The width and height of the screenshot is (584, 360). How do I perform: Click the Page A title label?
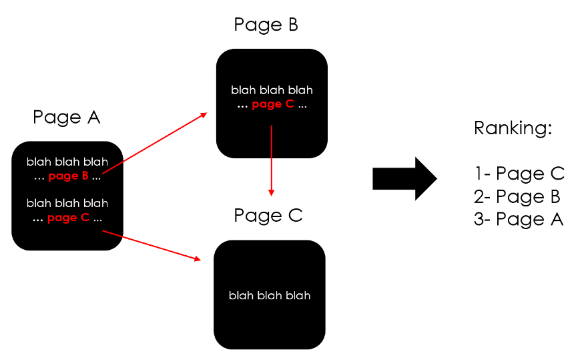click(x=66, y=118)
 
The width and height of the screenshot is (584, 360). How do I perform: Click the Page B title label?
click(x=266, y=25)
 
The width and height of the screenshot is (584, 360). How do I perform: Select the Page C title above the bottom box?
click(x=268, y=216)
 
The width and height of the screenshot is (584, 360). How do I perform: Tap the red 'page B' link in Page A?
click(x=69, y=177)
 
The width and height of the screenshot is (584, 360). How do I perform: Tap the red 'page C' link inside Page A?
click(x=69, y=218)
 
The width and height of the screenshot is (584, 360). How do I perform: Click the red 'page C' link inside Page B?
click(x=272, y=104)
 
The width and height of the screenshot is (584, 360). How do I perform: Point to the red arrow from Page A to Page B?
click(x=154, y=146)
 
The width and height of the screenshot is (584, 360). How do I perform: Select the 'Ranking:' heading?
click(x=513, y=128)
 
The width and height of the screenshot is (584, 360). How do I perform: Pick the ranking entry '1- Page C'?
click(x=519, y=174)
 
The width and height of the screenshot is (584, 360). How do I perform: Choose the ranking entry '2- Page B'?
click(x=517, y=196)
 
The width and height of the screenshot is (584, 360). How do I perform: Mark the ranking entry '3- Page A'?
click(x=519, y=219)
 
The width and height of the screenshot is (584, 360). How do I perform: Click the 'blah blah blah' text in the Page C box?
click(x=270, y=295)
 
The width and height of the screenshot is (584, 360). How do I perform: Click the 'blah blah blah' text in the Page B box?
click(x=272, y=90)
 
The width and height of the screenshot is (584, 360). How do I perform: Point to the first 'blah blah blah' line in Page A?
click(x=67, y=162)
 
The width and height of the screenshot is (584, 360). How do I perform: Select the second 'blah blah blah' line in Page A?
click(x=67, y=204)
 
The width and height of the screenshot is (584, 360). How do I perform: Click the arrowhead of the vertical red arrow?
click(x=272, y=192)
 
